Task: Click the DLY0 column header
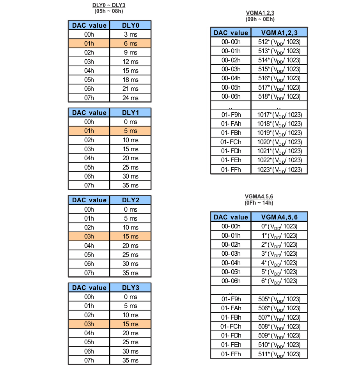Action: pyautogui.click(x=130, y=25)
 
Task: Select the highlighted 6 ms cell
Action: pyautogui.click(x=130, y=43)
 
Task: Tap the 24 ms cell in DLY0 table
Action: pyautogui.click(x=130, y=98)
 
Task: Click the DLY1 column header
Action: pyautogui.click(x=130, y=113)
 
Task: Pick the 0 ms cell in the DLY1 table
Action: pyautogui.click(x=130, y=122)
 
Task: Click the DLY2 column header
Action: pyautogui.click(x=130, y=200)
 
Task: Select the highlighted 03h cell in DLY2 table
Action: pyautogui.click(x=89, y=237)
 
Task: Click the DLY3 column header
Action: pyautogui.click(x=130, y=288)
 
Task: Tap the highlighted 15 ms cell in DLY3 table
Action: pyautogui.click(x=130, y=324)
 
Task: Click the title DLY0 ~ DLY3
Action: pyautogui.click(x=109, y=5)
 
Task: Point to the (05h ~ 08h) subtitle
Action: pyautogui.click(x=109, y=11)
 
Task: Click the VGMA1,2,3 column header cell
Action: pyautogui.click(x=279, y=33)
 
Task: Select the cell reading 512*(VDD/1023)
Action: pyautogui.click(x=279, y=42)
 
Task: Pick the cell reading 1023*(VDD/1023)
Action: pyautogui.click(x=279, y=170)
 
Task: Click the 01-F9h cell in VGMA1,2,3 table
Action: pyautogui.click(x=231, y=115)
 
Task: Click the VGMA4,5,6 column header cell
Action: pyautogui.click(x=279, y=217)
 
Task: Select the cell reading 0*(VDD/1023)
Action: pyautogui.click(x=279, y=226)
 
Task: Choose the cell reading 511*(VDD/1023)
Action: pyautogui.click(x=279, y=354)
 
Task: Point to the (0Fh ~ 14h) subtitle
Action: pyautogui.click(x=259, y=203)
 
